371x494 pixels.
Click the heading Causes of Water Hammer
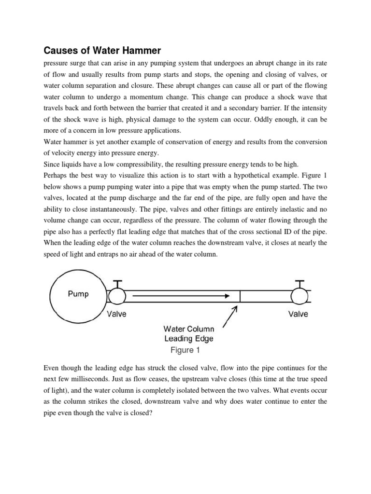[x=102, y=50]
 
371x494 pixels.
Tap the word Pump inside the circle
[x=78, y=294]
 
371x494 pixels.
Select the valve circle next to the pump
[x=117, y=295]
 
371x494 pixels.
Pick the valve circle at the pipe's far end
[x=299, y=295]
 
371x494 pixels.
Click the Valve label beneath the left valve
[x=116, y=314]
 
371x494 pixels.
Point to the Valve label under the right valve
[x=299, y=314]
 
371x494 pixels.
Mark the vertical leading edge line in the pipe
[x=240, y=295]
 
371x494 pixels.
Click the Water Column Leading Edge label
[x=189, y=334]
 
